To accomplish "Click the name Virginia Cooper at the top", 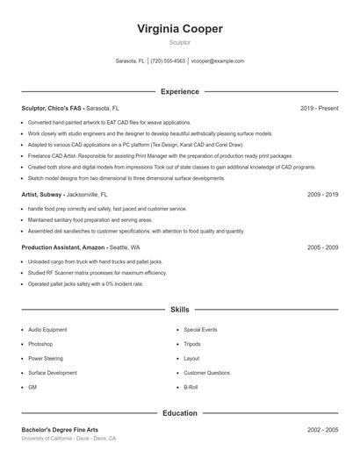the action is point(180,28).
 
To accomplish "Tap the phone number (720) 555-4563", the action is point(168,61).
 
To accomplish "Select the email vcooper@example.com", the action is point(217,61).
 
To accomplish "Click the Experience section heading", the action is point(180,91).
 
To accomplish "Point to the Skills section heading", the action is point(180,310).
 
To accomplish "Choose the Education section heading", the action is point(180,412).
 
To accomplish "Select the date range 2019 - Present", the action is point(319,108).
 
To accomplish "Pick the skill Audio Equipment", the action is point(47,329).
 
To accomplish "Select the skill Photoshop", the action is point(41,344).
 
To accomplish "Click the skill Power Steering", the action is point(46,358).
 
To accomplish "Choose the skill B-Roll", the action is point(192,387).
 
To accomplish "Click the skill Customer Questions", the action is point(207,373).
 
